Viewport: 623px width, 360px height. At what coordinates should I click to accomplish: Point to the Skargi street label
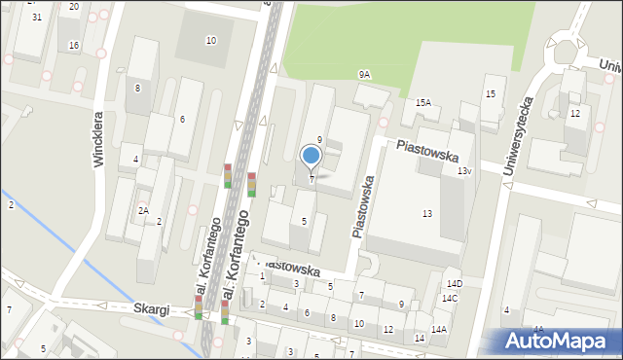[153, 308]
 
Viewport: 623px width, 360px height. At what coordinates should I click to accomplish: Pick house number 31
[36, 18]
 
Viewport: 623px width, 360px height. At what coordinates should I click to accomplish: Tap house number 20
[74, 7]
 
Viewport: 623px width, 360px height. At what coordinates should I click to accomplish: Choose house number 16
[74, 46]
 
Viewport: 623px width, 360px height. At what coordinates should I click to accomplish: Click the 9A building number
[364, 74]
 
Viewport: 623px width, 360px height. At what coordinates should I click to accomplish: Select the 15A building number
[422, 102]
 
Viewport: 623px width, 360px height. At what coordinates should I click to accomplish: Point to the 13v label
[464, 171]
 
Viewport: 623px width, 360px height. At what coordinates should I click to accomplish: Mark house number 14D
[454, 284]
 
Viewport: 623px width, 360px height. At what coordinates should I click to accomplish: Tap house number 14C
[449, 299]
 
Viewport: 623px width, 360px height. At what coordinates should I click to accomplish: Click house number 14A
[439, 329]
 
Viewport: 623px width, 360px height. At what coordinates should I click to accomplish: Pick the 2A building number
[143, 210]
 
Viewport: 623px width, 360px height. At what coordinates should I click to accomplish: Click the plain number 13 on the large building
[426, 213]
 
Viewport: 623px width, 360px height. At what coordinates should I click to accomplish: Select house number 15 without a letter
[490, 93]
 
